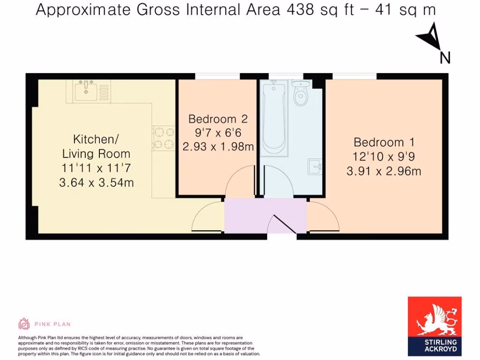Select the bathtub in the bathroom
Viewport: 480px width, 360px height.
[274, 117]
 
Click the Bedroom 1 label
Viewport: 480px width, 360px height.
[384, 142]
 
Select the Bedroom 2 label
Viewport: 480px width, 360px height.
[217, 119]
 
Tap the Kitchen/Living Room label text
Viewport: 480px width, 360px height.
[96, 146]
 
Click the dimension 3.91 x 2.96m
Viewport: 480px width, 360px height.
[384, 171]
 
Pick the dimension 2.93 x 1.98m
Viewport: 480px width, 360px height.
[217, 147]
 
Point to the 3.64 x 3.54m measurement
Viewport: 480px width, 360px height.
[96, 182]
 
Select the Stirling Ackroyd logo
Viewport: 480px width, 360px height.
[435, 326]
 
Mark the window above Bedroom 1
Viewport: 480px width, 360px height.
[354, 76]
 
